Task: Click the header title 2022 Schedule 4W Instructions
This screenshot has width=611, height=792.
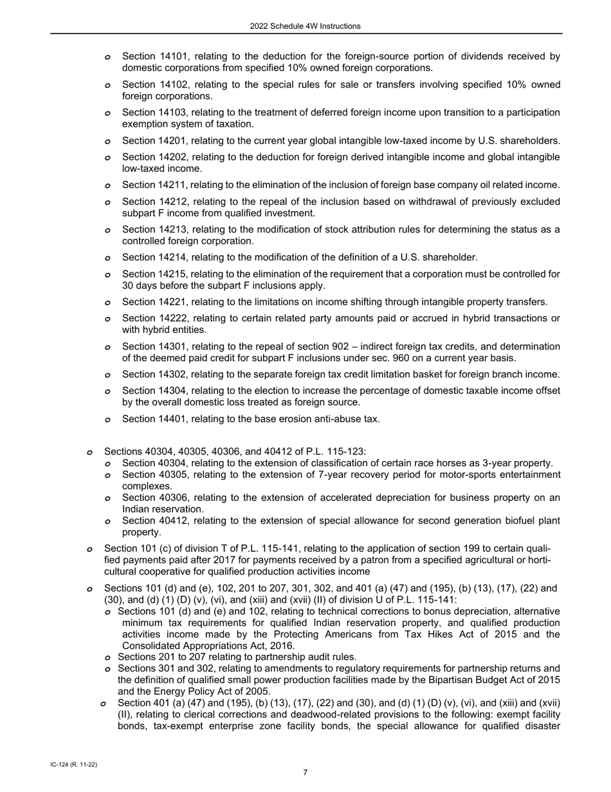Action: [x=305, y=26]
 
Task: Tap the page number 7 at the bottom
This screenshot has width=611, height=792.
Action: [x=305, y=773]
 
